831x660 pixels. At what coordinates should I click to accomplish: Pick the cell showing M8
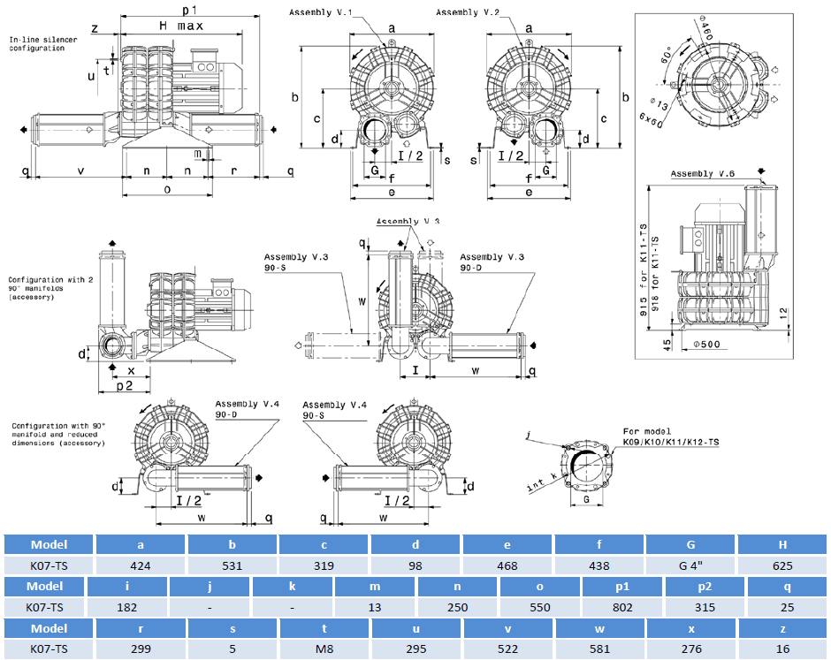coord(324,649)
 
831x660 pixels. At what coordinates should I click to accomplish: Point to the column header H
coord(782,544)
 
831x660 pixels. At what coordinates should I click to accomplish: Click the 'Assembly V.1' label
coord(319,11)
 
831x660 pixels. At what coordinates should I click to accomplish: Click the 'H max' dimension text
coord(180,26)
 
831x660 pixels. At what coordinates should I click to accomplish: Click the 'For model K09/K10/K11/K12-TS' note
coord(668,436)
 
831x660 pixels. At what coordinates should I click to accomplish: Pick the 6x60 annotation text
coord(652,117)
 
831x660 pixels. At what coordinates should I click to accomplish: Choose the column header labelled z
coord(782,627)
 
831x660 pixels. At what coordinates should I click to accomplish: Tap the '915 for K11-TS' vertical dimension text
coord(643,265)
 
